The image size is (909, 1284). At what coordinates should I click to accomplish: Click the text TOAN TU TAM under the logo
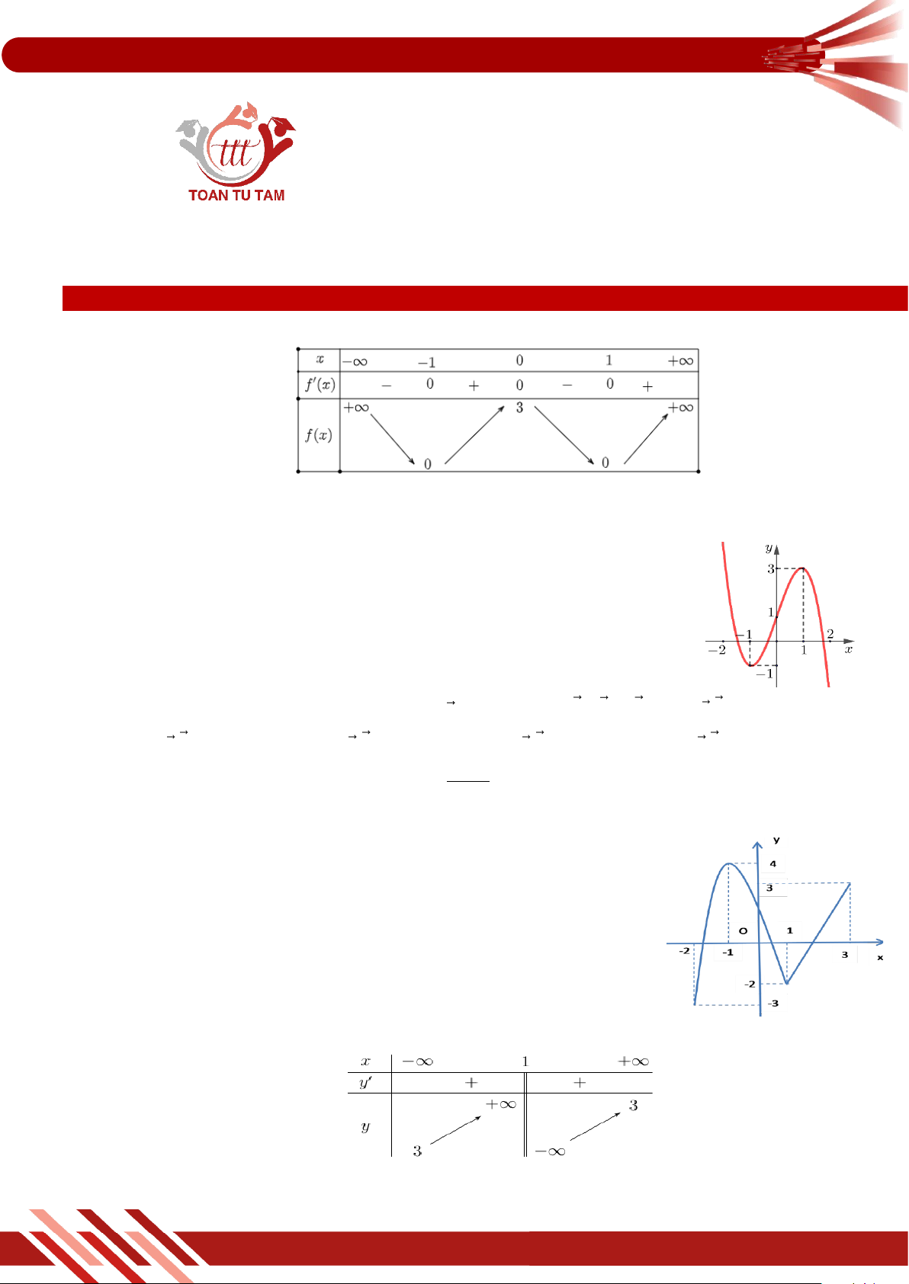pos(236,196)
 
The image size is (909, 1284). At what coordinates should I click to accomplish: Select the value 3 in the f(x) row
pos(519,408)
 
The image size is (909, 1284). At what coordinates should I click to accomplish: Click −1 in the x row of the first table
pos(427,362)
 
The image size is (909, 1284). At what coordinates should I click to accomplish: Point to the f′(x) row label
pos(320,384)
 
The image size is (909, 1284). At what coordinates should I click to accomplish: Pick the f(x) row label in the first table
pos(319,436)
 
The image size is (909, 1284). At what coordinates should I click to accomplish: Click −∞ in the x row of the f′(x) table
pos(355,362)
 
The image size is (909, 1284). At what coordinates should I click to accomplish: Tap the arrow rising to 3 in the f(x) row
pos(474,434)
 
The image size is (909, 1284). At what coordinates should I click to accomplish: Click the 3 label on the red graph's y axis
pos(771,568)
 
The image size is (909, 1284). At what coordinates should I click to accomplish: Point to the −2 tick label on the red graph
pos(717,650)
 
